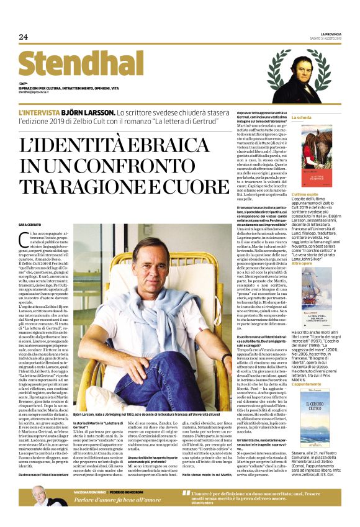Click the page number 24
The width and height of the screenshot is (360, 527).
pyautogui.click(x=24, y=37)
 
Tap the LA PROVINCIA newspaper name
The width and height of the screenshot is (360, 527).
pyautogui.click(x=330, y=33)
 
